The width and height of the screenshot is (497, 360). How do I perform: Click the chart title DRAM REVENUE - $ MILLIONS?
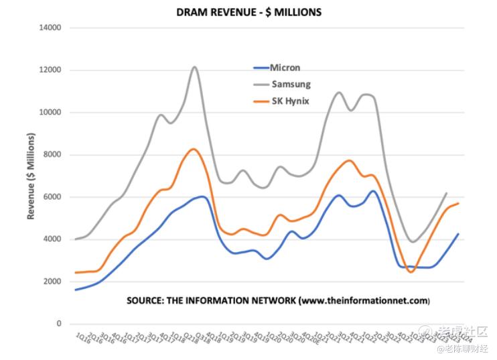coord(249,12)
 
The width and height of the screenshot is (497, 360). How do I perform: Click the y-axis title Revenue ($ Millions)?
coord(31,176)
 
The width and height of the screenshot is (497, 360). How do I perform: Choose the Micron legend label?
coord(285,68)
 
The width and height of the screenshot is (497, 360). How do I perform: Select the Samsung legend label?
coord(291,84)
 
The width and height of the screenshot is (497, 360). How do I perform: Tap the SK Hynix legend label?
coord(290,101)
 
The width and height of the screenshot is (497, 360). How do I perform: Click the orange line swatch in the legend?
coord(260,101)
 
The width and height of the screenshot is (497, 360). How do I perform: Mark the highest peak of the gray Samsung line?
coord(194,67)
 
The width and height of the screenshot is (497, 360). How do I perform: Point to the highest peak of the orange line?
coord(193,149)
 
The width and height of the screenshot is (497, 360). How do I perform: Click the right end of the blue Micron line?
coord(457,234)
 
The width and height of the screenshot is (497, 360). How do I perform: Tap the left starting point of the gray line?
coord(75,239)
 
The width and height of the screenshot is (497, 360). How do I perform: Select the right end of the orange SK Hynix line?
coord(457,203)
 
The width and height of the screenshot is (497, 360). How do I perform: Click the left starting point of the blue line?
coord(75,290)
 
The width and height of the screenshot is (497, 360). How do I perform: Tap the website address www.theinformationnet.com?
coord(364,300)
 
